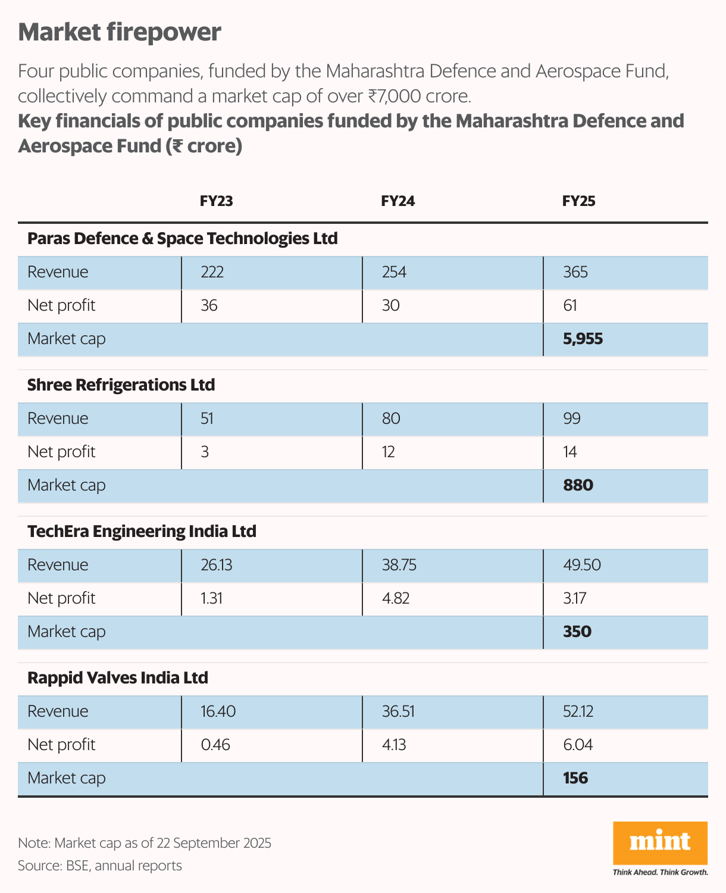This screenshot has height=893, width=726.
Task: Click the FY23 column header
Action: [216, 201]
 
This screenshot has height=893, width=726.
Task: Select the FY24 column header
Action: [398, 201]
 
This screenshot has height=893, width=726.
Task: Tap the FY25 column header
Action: [578, 201]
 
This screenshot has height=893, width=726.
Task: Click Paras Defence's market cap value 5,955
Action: [583, 339]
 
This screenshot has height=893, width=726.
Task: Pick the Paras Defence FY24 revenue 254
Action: [394, 272]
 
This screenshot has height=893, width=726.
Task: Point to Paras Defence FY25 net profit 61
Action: [569, 305]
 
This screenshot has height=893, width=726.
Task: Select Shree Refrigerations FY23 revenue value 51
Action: [207, 419]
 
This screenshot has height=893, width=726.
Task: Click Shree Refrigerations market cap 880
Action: [578, 485]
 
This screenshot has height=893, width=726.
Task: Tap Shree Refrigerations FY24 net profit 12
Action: [388, 452]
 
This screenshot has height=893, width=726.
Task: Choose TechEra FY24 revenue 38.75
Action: [399, 565]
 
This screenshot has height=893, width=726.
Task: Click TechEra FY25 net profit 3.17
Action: [574, 598]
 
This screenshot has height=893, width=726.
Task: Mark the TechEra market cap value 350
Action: [577, 632]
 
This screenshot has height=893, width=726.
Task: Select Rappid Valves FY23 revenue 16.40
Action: [218, 711]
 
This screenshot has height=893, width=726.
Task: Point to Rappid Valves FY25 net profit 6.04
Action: [578, 745]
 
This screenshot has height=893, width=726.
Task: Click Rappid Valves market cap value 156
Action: [575, 778]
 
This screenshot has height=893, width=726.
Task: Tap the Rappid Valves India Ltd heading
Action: [118, 678]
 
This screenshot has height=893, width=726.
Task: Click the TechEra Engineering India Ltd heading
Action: [142, 532]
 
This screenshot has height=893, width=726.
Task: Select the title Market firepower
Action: [120, 32]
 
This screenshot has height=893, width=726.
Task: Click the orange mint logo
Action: [660, 842]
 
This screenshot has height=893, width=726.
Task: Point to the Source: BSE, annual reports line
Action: [100, 866]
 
